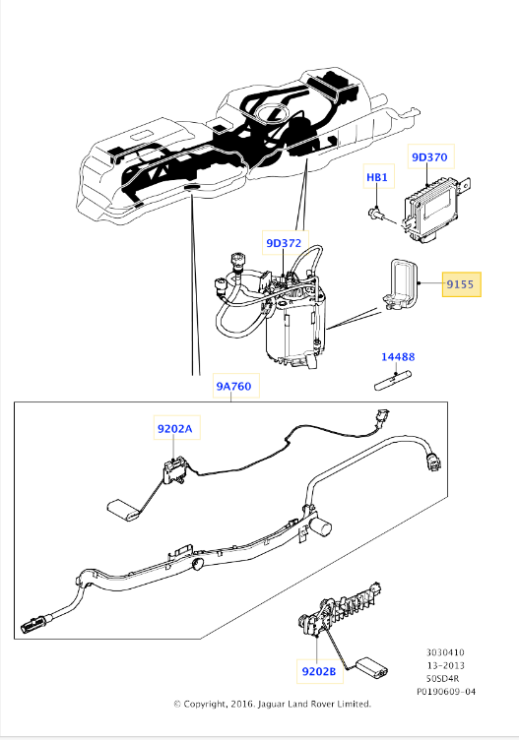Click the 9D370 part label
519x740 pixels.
429,156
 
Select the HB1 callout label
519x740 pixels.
377,177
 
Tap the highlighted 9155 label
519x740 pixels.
461,284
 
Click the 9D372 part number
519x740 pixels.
284,243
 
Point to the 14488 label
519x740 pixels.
398,357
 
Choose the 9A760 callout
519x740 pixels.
233,386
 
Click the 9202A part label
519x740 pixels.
175,428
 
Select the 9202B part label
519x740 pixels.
319,671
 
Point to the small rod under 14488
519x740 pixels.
392,381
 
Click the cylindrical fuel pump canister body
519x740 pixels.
295,331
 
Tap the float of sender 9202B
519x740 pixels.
371,666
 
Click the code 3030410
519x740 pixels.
445,652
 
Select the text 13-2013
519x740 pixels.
446,665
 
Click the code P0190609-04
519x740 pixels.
446,692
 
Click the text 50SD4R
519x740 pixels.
442,679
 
